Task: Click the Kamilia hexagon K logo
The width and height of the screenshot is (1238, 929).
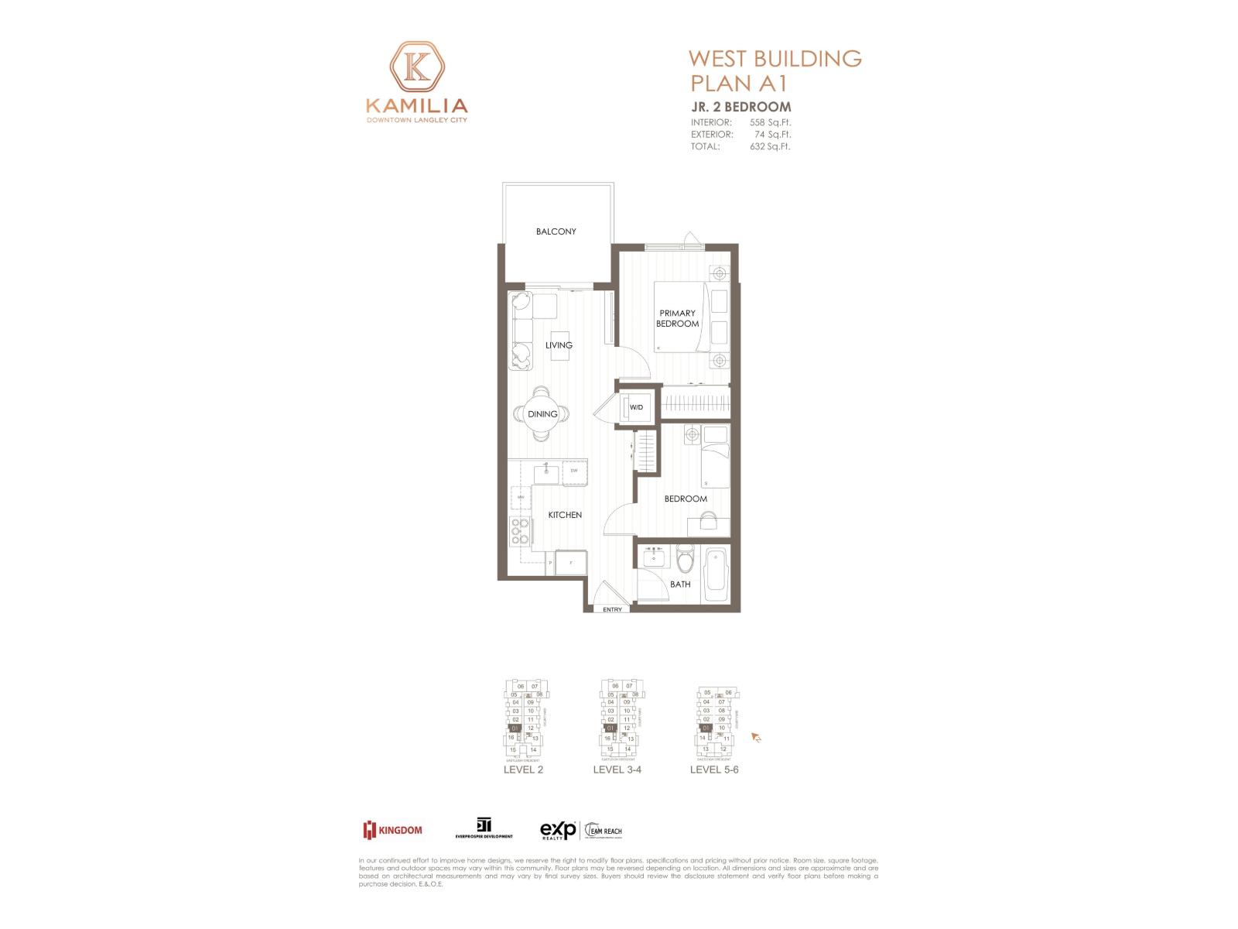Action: [417, 67]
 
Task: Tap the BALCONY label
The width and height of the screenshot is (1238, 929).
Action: [556, 231]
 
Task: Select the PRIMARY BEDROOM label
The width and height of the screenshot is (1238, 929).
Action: [677, 318]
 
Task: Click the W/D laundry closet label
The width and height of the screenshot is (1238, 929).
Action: [636, 407]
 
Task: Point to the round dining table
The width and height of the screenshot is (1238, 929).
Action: [543, 414]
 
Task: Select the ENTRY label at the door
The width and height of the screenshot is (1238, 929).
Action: [612, 609]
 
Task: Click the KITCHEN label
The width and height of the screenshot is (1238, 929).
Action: [565, 515]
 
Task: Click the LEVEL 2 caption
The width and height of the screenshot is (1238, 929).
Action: [523, 770]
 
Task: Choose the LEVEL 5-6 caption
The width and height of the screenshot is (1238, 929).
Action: [714, 770]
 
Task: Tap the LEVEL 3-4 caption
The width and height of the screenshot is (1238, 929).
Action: [617, 770]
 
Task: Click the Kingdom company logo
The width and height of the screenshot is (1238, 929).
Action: [393, 830]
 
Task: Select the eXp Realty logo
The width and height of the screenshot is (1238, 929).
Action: [558, 830]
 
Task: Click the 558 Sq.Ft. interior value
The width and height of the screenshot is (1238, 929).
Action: [770, 122]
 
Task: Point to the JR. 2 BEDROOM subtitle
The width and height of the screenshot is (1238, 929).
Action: [740, 107]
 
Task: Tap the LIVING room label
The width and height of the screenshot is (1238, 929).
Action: [559, 345]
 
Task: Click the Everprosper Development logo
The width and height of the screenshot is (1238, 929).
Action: [484, 829]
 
